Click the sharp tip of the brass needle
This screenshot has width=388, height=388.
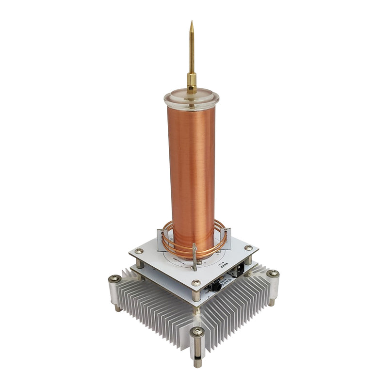pos(192,22)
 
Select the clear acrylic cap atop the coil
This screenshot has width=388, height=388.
pos(192,99)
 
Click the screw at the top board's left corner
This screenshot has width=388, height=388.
pos(139,251)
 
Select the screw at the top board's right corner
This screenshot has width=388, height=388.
pos(249,248)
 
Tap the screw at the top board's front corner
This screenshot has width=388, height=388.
pos(196,283)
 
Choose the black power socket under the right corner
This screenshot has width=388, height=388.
pos(239,271)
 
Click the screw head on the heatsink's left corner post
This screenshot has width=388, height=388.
pos(115,278)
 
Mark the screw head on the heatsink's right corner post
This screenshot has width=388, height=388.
pos(273,274)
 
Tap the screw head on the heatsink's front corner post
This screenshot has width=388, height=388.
pos(197,332)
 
